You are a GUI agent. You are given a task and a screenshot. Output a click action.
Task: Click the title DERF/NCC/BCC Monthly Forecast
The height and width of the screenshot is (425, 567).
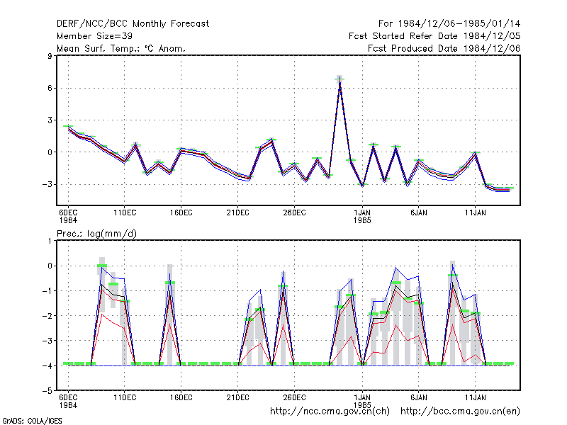(133, 24)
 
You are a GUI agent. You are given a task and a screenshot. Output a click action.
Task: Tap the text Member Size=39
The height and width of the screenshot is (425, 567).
(94, 36)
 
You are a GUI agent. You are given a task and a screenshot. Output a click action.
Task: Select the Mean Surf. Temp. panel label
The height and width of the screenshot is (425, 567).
(120, 48)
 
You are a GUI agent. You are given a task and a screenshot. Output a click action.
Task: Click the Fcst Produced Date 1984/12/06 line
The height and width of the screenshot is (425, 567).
(444, 48)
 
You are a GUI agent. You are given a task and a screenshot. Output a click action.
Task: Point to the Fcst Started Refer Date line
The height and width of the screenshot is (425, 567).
(434, 36)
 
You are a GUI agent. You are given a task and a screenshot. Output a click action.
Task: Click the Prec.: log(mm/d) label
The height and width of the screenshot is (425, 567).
(96, 234)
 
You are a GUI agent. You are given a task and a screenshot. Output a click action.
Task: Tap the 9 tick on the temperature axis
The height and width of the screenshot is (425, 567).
(50, 56)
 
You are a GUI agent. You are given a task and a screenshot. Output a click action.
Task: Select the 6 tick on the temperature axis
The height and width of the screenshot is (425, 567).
(50, 88)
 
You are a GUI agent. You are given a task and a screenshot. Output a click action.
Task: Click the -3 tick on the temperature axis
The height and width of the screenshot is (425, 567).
(47, 184)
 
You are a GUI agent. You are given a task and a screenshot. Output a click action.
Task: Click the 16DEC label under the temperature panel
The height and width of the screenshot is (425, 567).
(181, 213)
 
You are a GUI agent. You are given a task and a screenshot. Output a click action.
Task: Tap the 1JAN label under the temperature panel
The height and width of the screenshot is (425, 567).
(362, 213)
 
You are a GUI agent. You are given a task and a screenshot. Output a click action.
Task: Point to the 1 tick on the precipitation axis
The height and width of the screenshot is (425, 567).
(50, 241)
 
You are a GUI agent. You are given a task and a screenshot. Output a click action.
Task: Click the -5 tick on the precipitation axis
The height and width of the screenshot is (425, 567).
(47, 391)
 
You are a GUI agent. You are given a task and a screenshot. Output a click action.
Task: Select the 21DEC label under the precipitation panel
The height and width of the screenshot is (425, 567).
(237, 397)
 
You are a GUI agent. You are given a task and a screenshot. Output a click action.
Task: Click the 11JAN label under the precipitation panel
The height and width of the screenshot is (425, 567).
(475, 397)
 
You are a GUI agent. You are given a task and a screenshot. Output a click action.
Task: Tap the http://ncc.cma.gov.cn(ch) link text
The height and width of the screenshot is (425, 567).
(330, 412)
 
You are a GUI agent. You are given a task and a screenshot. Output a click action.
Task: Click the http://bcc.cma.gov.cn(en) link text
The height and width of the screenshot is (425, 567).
(460, 412)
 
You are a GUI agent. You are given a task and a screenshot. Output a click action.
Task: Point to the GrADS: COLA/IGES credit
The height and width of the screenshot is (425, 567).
(32, 421)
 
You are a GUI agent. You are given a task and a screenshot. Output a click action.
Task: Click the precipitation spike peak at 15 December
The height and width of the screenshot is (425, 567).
(169, 274)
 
